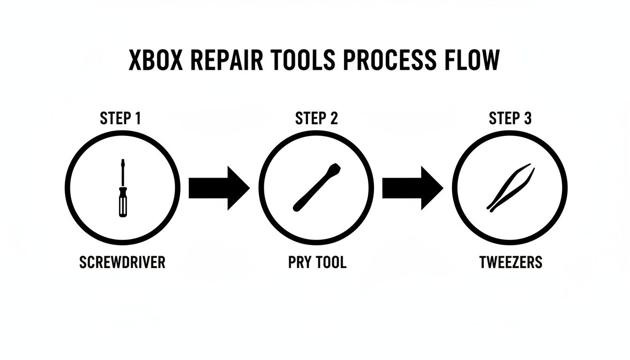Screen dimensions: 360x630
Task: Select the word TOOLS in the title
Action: (x=307, y=60)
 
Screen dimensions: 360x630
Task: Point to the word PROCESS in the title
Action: (x=392, y=60)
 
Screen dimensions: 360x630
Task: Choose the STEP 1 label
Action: (x=120, y=119)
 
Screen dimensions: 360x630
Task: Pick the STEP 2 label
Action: (x=316, y=119)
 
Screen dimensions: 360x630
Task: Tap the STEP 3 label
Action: (x=510, y=119)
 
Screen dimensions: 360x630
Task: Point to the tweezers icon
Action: (x=510, y=187)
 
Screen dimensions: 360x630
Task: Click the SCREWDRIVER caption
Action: (x=122, y=262)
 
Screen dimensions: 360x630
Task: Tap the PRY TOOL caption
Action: (x=317, y=262)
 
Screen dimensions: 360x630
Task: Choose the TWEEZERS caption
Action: (x=511, y=262)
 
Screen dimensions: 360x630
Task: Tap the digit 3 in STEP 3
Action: (x=527, y=119)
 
